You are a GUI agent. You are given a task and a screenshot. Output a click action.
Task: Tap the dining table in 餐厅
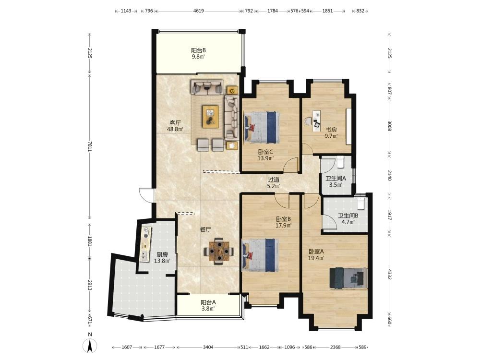219,252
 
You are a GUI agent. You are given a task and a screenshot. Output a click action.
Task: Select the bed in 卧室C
262,127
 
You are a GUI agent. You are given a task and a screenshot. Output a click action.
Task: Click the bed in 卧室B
261,255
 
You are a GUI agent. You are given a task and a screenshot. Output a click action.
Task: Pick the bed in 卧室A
348,278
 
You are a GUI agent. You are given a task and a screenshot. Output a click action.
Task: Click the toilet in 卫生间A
341,162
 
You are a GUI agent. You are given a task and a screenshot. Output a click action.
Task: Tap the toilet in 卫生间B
361,203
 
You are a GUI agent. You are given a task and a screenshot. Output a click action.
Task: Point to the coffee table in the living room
211,116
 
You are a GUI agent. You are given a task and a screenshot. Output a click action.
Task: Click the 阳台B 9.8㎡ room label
198,53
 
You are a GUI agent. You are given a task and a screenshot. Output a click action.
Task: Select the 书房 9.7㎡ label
331,133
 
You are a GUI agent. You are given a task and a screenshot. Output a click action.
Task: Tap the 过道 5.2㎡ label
274,183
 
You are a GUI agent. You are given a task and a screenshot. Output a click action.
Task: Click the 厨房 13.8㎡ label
162,258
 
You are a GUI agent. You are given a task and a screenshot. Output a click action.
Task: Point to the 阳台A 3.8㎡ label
208,305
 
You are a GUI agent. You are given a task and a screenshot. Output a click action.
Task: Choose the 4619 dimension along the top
199,11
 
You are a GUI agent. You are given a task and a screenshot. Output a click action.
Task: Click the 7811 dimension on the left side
90,146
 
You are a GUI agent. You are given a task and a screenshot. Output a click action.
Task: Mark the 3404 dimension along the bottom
208,347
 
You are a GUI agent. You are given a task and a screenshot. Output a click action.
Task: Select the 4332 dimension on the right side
389,274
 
